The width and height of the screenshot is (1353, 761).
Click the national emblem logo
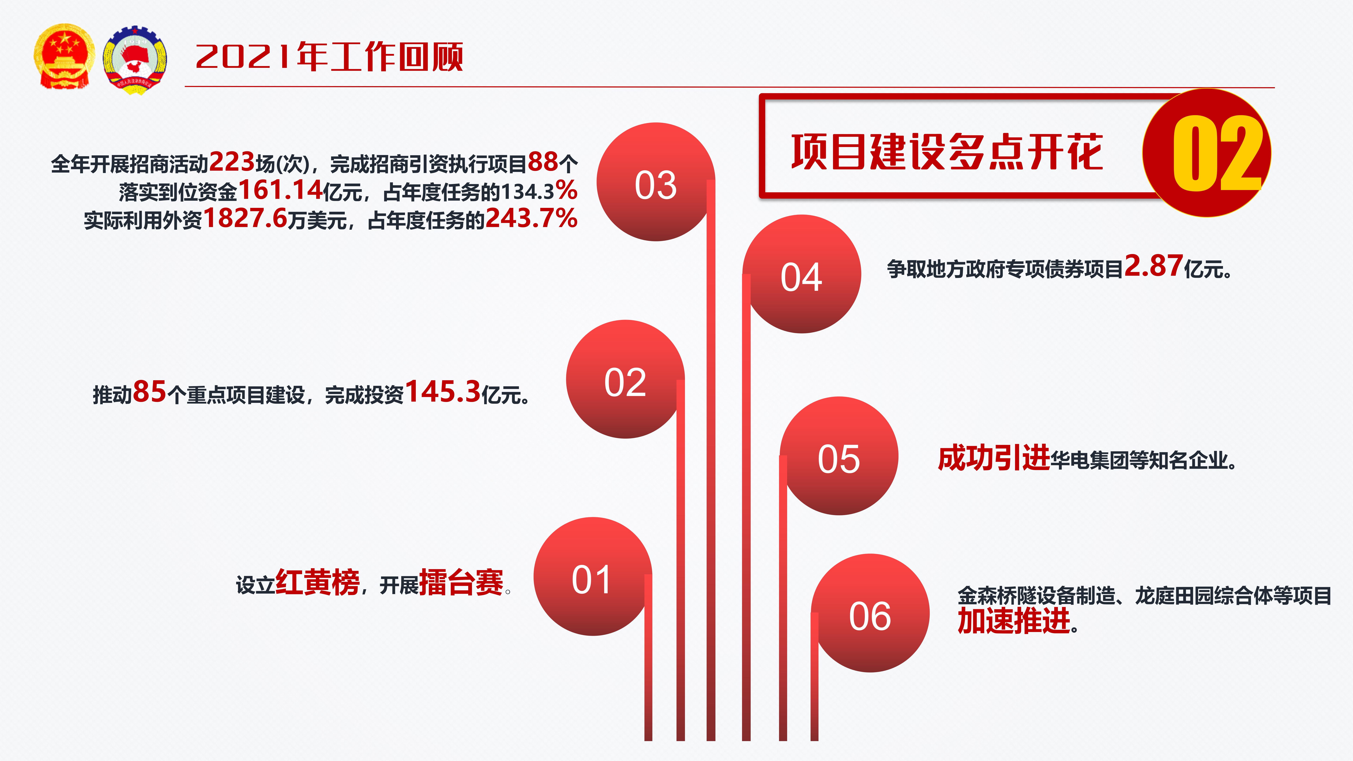[64, 56]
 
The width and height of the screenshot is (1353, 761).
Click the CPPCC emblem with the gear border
[135, 60]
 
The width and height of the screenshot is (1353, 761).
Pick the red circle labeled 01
[592, 576]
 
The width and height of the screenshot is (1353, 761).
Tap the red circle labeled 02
[625, 379]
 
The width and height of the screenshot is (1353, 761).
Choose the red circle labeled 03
[656, 182]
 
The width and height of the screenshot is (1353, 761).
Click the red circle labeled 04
[802, 274]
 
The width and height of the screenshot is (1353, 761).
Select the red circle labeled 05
[839, 456]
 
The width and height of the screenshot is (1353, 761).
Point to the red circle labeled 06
[870, 613]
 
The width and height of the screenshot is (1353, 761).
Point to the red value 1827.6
[245, 218]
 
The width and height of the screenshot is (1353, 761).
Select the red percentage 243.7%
[532, 218]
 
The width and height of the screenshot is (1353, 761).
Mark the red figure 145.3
[443, 392]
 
